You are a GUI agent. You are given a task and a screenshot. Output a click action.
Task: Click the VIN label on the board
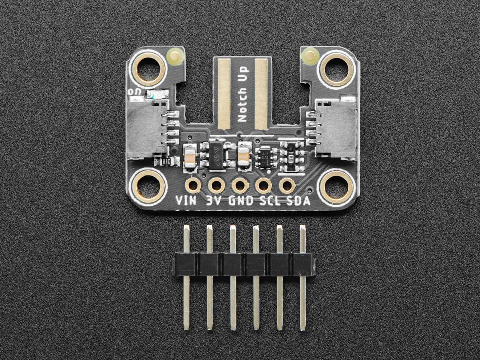tap(186, 201)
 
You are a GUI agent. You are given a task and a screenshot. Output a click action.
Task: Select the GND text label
tap(240, 201)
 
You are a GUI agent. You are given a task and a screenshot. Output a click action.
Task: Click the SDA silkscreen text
tap(297, 201)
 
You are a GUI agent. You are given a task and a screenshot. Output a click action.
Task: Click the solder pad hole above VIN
tap(192, 185)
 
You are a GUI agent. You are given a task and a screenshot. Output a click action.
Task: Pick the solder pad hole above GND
tap(240, 185)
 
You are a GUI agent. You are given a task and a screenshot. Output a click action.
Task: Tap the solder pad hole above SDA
tap(287, 185)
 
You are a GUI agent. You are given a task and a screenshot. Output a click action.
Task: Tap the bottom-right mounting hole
tap(337, 186)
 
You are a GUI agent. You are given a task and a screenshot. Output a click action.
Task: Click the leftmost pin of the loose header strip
tap(186, 277)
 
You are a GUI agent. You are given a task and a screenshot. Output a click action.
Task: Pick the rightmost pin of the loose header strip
tap(302, 277)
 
